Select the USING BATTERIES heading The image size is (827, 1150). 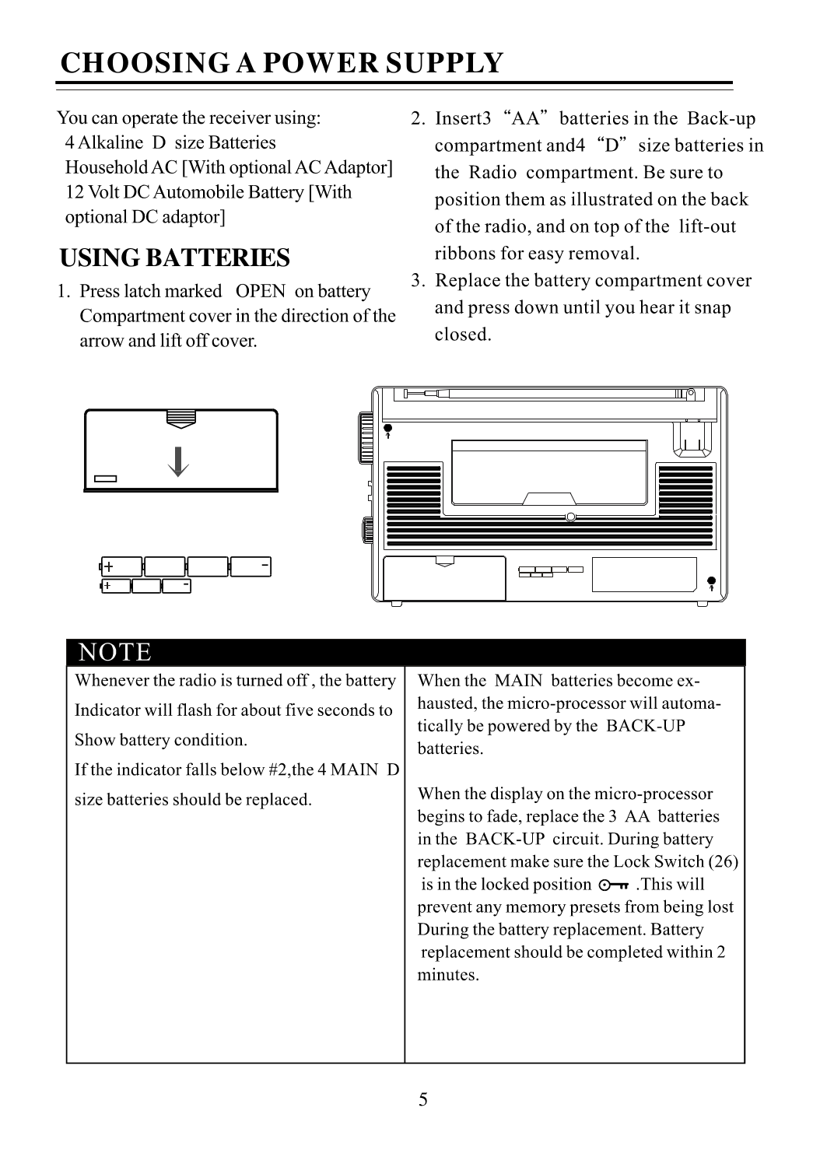[x=175, y=258]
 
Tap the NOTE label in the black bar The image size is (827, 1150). [x=115, y=652]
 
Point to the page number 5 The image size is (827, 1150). [x=422, y=1099]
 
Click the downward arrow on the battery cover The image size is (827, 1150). [x=180, y=461]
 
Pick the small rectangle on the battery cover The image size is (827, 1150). [x=105, y=479]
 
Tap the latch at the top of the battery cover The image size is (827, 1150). [x=180, y=419]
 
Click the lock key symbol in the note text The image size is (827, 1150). [x=614, y=885]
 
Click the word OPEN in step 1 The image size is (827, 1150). [x=260, y=291]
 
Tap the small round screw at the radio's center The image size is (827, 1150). [x=570, y=517]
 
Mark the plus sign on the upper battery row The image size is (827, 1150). [x=110, y=566]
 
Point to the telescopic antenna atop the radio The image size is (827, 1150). [x=545, y=394]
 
